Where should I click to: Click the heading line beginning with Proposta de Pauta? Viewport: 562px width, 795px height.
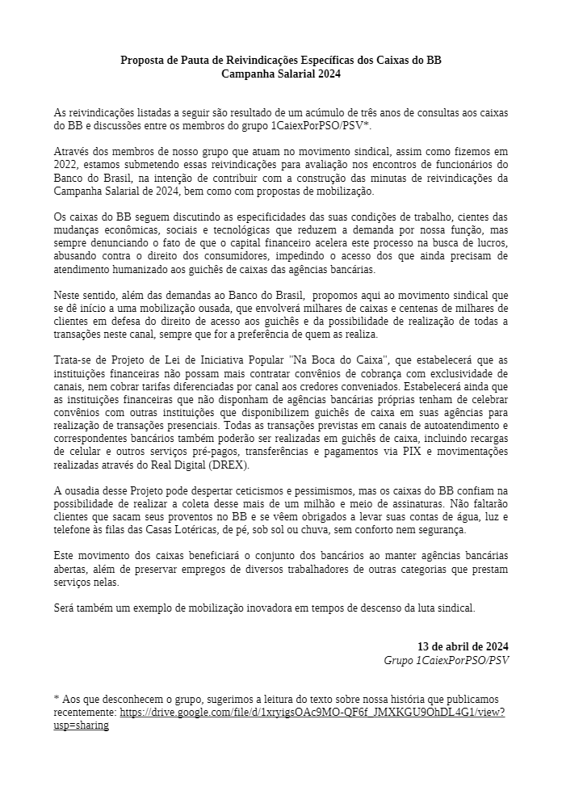tap(281, 61)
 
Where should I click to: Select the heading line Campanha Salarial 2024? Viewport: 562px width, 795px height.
tap(281, 74)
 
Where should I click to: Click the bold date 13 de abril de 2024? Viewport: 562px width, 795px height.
tap(463, 647)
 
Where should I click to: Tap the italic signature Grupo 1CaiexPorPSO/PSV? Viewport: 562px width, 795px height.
tap(446, 660)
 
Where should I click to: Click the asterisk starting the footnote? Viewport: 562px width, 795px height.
tap(57, 699)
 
